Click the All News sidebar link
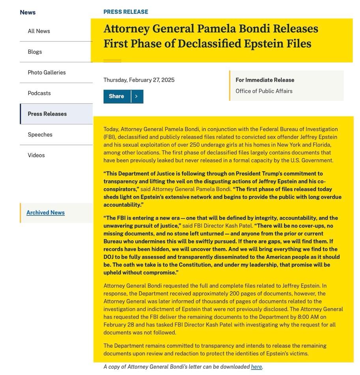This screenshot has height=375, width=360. point(39,31)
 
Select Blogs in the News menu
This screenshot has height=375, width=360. point(35,52)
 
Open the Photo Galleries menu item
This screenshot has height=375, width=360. point(47,72)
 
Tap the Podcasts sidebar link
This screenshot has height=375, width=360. point(39,93)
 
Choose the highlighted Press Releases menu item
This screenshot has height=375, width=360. point(47,114)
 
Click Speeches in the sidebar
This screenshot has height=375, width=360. point(40,135)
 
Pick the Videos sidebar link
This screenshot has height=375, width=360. point(36,155)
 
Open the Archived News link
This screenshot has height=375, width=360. point(45,213)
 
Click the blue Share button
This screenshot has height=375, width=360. point(117,97)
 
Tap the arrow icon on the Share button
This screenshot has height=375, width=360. point(136,97)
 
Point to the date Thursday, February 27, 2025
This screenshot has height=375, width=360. point(139,80)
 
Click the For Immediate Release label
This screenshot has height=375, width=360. point(265,80)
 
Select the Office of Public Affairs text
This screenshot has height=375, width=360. point(264,91)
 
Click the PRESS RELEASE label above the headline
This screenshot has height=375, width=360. point(126,12)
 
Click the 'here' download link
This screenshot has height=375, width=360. point(256,367)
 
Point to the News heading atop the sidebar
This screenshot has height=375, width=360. point(28,12)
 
